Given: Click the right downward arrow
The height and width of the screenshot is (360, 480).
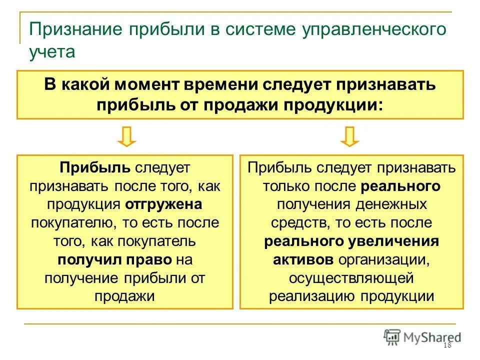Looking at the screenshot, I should (x=349, y=136).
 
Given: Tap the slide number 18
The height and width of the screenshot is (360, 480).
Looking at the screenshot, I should (x=447, y=346).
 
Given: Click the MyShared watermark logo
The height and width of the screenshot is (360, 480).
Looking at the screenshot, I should (x=422, y=337).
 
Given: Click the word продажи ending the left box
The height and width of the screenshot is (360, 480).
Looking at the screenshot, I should (x=124, y=296).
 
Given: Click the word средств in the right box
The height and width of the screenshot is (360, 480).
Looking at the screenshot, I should (x=297, y=223).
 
